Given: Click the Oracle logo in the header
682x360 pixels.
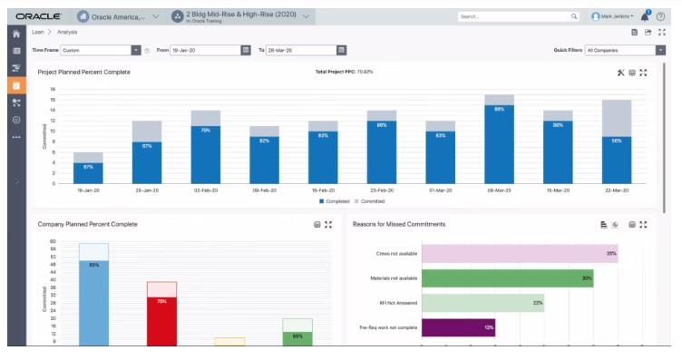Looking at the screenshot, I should [37, 16].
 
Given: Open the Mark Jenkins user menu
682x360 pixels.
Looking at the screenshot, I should [613, 16].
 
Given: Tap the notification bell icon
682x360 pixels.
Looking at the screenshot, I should [645, 16].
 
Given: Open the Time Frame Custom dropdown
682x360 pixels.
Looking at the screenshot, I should [100, 51].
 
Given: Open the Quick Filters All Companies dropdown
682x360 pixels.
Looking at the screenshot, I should [625, 51].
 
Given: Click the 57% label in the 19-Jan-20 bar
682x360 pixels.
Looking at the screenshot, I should [88, 167].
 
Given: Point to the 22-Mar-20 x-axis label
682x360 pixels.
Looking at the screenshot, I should [617, 190].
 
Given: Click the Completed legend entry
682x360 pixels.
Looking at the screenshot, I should [336, 201].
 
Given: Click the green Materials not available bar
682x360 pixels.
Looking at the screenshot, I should [507, 278].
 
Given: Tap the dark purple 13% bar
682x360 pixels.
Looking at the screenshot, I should [458, 326].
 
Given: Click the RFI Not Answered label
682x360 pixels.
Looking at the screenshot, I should [398, 303].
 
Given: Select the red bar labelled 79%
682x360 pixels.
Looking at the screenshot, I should [161, 317].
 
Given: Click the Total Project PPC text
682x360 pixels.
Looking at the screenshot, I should [344, 72].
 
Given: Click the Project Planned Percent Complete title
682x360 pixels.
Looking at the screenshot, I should [83, 72].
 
